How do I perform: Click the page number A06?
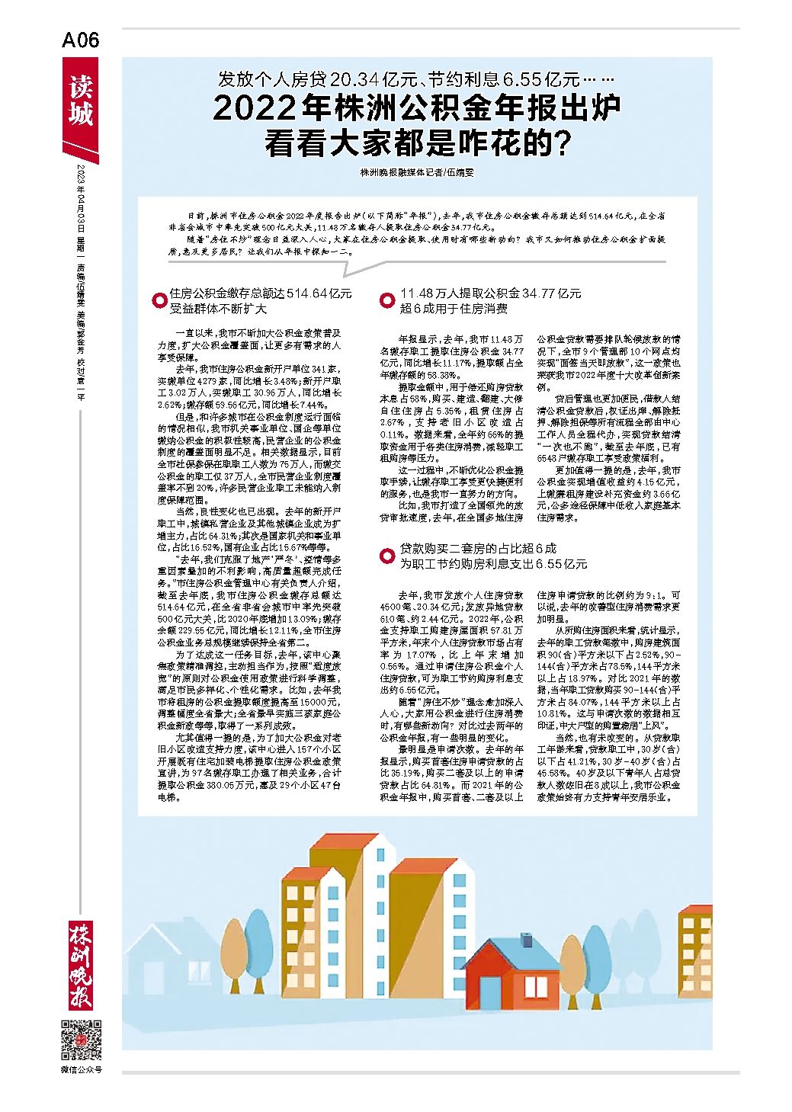click(81, 40)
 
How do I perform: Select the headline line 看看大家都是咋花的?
click(417, 144)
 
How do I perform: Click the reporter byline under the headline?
click(417, 172)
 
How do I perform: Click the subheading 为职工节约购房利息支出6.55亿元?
click(493, 564)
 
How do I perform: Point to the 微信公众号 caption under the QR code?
click(81, 1070)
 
